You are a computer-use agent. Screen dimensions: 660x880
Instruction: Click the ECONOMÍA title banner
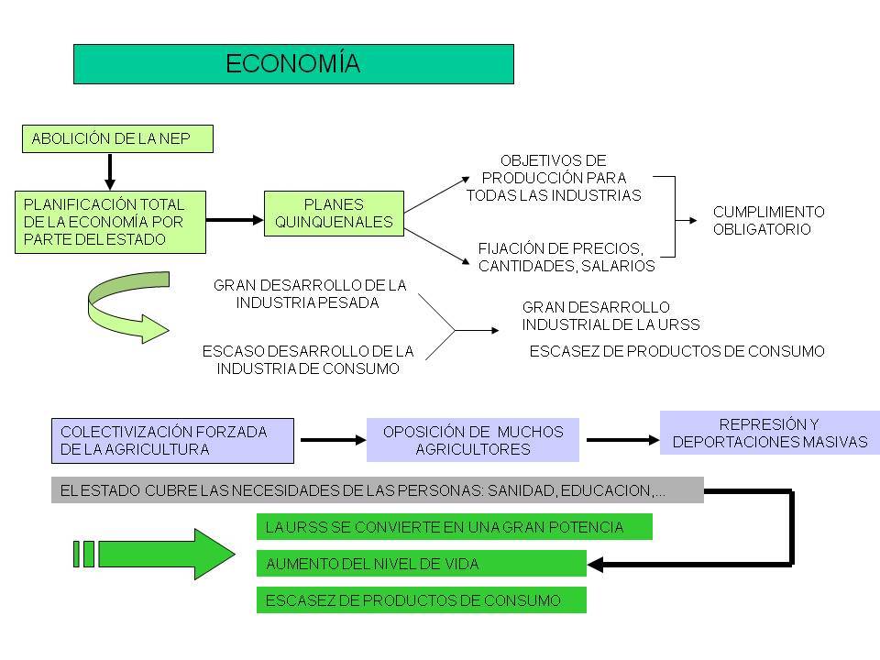click(293, 63)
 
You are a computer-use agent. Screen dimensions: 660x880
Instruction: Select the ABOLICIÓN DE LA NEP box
click(117, 139)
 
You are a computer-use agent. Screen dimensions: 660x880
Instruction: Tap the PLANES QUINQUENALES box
click(334, 214)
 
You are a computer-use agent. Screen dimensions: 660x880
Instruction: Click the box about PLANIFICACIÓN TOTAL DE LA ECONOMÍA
click(110, 222)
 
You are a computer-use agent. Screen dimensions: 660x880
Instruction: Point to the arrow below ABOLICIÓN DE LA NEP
click(110, 170)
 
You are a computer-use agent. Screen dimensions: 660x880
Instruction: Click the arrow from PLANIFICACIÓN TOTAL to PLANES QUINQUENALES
click(235, 220)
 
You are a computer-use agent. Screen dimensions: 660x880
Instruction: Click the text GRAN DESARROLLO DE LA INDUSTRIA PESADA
click(310, 293)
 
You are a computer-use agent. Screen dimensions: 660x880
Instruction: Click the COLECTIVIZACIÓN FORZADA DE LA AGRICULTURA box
click(172, 441)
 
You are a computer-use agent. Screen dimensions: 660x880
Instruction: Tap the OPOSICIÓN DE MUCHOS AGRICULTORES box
click(473, 440)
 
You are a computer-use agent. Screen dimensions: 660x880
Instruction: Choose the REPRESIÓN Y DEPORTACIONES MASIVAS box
click(769, 433)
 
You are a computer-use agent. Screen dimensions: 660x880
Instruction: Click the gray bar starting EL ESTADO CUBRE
click(377, 490)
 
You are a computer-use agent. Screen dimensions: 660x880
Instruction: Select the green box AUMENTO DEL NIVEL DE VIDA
click(421, 564)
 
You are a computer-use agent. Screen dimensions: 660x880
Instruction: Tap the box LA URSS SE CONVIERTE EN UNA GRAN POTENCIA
click(454, 527)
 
